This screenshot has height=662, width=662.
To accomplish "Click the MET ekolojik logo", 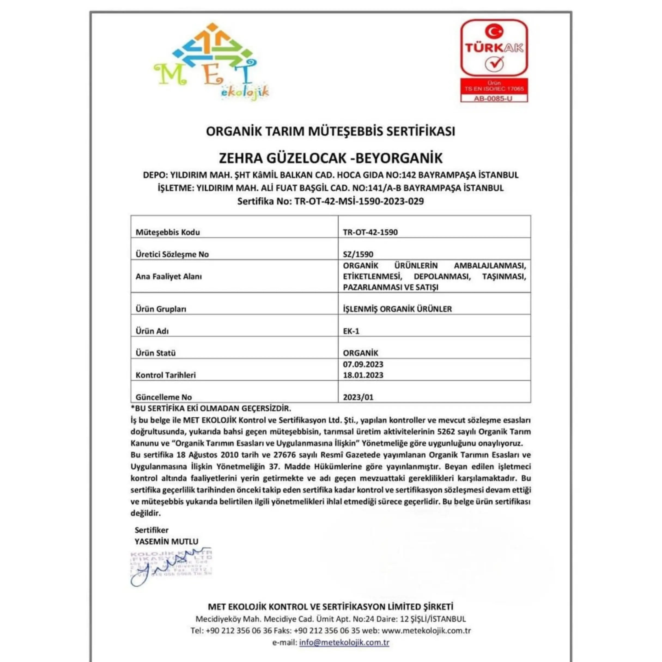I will click(211, 62).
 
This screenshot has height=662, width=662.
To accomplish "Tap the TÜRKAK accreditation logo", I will click(494, 48).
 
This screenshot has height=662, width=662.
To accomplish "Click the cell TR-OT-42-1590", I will click(370, 232).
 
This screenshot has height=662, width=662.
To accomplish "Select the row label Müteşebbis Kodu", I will click(168, 232).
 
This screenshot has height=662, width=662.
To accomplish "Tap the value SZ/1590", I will click(358, 254).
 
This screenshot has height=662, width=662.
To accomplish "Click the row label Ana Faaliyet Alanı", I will click(169, 276).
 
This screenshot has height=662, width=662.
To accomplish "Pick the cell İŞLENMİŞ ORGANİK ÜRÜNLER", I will click(397, 309).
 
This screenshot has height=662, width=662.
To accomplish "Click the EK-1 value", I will click(351, 331).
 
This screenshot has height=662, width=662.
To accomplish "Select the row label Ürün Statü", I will click(156, 353).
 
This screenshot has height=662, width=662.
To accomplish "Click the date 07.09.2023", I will click(363, 364).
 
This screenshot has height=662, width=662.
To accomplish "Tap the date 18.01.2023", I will click(363, 375).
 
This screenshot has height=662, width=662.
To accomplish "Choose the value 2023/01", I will click(358, 397).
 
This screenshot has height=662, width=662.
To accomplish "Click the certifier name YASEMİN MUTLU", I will click(166, 542).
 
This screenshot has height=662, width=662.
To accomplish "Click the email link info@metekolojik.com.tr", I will click(344, 642).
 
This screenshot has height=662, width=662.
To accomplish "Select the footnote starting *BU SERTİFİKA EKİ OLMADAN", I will click(211, 408).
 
